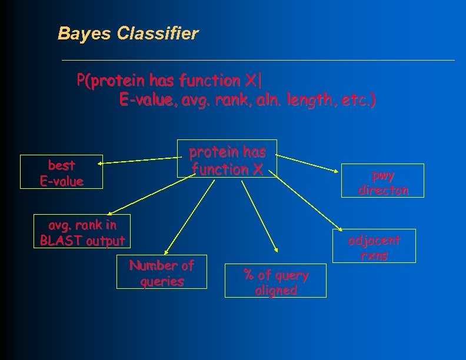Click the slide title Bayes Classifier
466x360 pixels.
tap(128, 34)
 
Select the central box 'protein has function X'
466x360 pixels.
tap(227, 159)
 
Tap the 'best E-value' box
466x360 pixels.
tap(61, 172)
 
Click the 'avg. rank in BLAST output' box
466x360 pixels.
tap(82, 232)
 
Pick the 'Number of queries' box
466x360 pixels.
tap(162, 272)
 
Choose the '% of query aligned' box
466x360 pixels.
tap(275, 281)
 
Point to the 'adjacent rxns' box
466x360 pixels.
tap(374, 247)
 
